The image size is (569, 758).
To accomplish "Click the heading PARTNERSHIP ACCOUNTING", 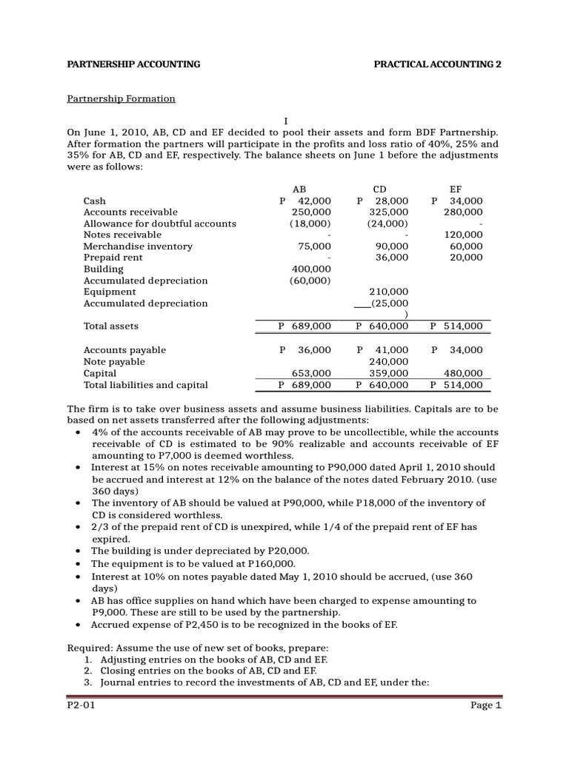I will point(134,64).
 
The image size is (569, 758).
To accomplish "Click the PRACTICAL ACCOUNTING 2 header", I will point(439,64).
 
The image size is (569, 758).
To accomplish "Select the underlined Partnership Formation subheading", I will point(122,98).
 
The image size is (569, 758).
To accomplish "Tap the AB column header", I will point(299,189).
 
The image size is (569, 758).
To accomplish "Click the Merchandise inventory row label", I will point(138,246).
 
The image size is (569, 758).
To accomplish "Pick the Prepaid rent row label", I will point(113,258).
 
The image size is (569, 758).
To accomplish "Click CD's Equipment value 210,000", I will point(388,292).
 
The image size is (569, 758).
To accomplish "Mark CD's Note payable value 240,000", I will point(388,362).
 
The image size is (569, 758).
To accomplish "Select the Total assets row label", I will point(111,326).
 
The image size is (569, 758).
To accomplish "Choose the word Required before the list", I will point(88,647).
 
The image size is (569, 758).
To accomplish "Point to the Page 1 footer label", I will point(486,705).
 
